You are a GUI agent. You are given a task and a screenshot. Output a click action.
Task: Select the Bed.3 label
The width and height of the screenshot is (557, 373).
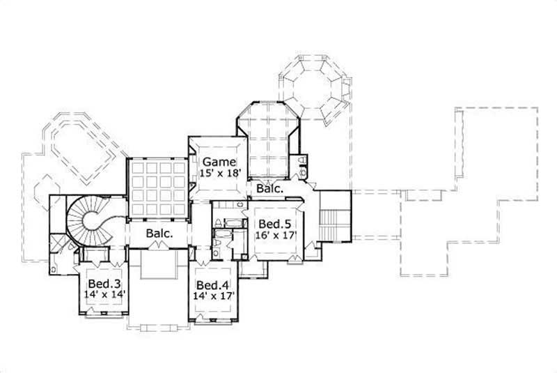(x=102, y=284)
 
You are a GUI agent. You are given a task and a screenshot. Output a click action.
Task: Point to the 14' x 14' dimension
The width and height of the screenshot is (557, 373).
(x=102, y=295)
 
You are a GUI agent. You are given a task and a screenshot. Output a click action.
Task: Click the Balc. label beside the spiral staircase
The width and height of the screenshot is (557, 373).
(x=159, y=235)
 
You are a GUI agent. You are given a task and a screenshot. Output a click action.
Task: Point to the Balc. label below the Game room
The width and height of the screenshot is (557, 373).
(x=268, y=189)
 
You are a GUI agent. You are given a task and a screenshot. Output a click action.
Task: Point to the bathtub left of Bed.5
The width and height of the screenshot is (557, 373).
(x=230, y=223)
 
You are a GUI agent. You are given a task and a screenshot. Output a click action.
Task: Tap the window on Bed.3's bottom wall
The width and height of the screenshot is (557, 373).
(x=102, y=314)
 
